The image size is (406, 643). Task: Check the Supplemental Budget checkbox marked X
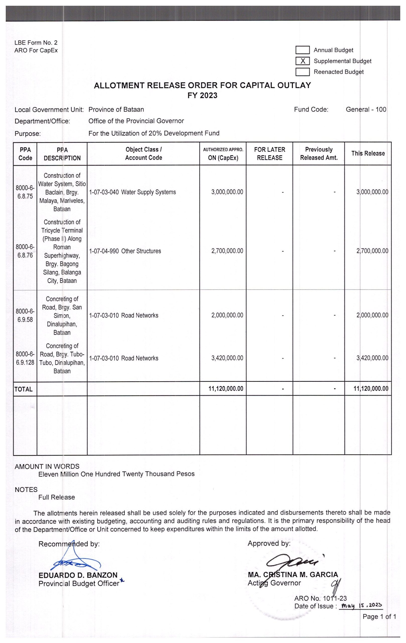tap(303, 61)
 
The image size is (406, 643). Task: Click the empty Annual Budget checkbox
tap(303, 50)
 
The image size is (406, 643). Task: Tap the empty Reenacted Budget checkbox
tap(303, 72)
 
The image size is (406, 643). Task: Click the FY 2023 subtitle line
tap(202, 96)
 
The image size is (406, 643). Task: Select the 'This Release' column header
tap(368, 153)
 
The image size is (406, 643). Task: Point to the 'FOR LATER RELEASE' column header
tap(269, 153)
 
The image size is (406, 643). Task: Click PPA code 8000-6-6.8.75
tap(25, 192)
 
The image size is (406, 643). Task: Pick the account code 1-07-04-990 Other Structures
tap(125, 251)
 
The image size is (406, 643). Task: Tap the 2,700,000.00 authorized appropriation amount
tap(227, 251)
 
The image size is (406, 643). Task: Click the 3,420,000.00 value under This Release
tap(372, 358)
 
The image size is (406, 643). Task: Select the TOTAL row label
tap(24, 389)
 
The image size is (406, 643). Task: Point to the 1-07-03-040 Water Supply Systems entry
tap(132, 192)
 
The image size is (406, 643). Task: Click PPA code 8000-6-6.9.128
tap(25, 358)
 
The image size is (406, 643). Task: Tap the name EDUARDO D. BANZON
tap(78, 575)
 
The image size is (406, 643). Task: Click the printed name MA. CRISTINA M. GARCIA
tap(293, 574)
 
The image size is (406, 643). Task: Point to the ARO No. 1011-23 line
tap(320, 598)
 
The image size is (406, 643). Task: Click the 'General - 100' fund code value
tap(366, 110)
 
